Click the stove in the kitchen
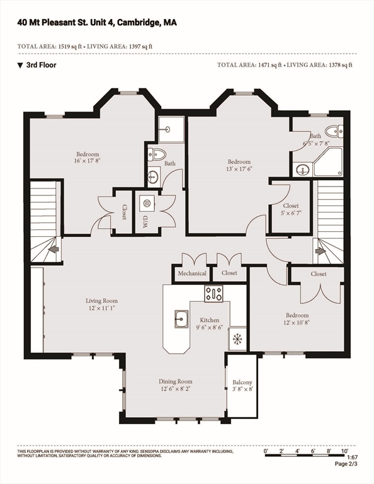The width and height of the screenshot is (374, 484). [213, 294]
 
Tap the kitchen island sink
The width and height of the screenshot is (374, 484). [181, 319]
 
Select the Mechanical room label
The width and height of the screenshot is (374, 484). [192, 273]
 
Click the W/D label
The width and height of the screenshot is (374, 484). [145, 221]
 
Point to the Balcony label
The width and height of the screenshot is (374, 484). [242, 382]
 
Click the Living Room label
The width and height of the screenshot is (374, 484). [101, 301]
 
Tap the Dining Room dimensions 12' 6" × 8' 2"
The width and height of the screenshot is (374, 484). [176, 389]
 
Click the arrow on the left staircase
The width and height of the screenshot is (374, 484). [54, 249]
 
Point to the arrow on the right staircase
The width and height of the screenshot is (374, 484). [320, 251]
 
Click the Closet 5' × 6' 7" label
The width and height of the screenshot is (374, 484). [291, 209]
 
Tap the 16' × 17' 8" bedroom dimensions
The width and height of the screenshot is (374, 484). [88, 161]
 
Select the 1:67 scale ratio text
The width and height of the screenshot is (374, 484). [352, 457]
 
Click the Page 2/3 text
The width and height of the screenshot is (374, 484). [346, 464]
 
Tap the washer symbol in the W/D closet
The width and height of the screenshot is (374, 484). [147, 203]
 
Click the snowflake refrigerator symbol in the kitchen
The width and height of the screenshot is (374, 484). [237, 339]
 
